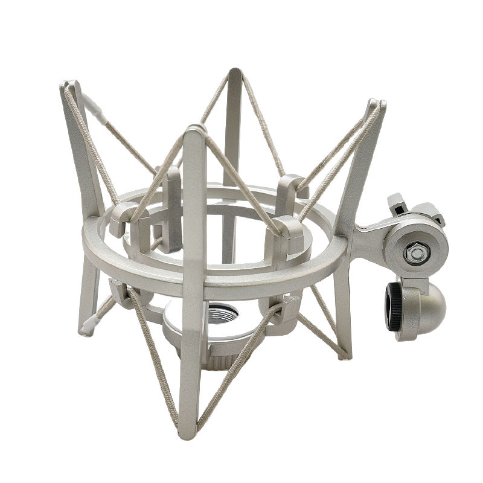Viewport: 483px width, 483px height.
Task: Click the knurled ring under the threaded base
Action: coord(217,361)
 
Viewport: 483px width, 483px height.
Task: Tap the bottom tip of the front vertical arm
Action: coord(188,432)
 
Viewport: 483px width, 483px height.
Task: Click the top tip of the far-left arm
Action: coord(69,86)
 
